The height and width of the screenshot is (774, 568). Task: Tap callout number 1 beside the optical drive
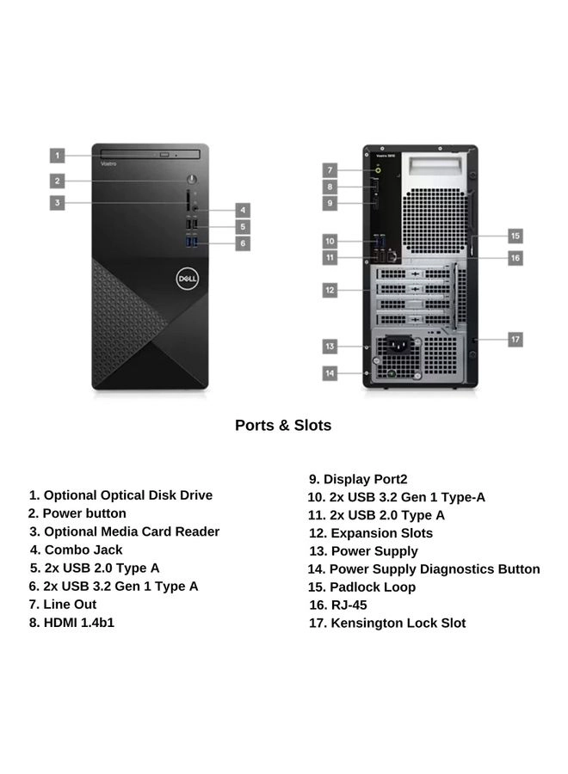57,156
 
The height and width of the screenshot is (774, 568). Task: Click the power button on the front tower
191,181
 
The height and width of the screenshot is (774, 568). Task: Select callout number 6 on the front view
244,243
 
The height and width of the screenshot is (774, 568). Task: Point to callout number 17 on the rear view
515,340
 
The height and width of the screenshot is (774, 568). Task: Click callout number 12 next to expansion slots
330,291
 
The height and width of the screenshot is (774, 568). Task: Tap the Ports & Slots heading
283,425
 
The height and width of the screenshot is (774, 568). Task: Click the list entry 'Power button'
77,513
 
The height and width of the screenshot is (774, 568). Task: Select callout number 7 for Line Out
330,169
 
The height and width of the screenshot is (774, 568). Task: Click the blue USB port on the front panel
191,243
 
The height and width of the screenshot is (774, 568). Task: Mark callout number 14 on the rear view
330,372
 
